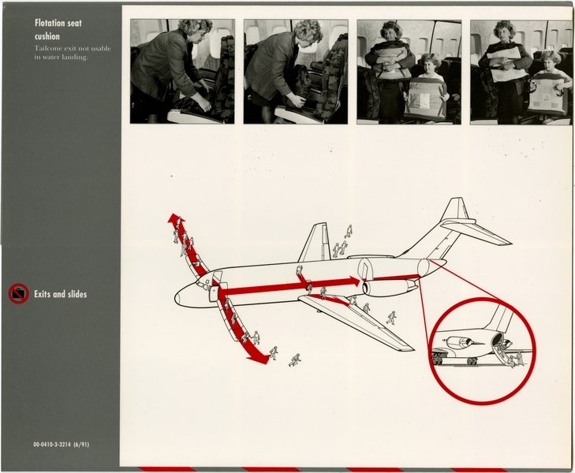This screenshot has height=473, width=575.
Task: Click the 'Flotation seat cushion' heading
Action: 58,29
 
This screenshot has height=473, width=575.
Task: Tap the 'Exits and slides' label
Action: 60,294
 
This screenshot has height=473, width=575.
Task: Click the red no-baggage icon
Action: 18,294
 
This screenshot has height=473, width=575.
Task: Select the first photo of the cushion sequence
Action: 182,71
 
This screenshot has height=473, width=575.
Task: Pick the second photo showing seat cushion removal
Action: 295,71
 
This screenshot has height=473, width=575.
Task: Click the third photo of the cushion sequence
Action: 409,71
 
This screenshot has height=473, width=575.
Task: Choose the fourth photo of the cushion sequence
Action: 521,71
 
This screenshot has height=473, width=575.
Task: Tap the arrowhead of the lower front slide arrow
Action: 256,358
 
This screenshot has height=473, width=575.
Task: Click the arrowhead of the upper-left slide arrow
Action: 173,218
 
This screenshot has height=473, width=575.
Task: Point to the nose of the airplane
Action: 178,299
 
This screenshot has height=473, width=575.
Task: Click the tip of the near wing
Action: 405,346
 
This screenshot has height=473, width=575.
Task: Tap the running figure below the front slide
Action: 294,360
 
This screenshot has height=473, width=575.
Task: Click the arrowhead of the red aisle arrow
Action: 354,281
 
